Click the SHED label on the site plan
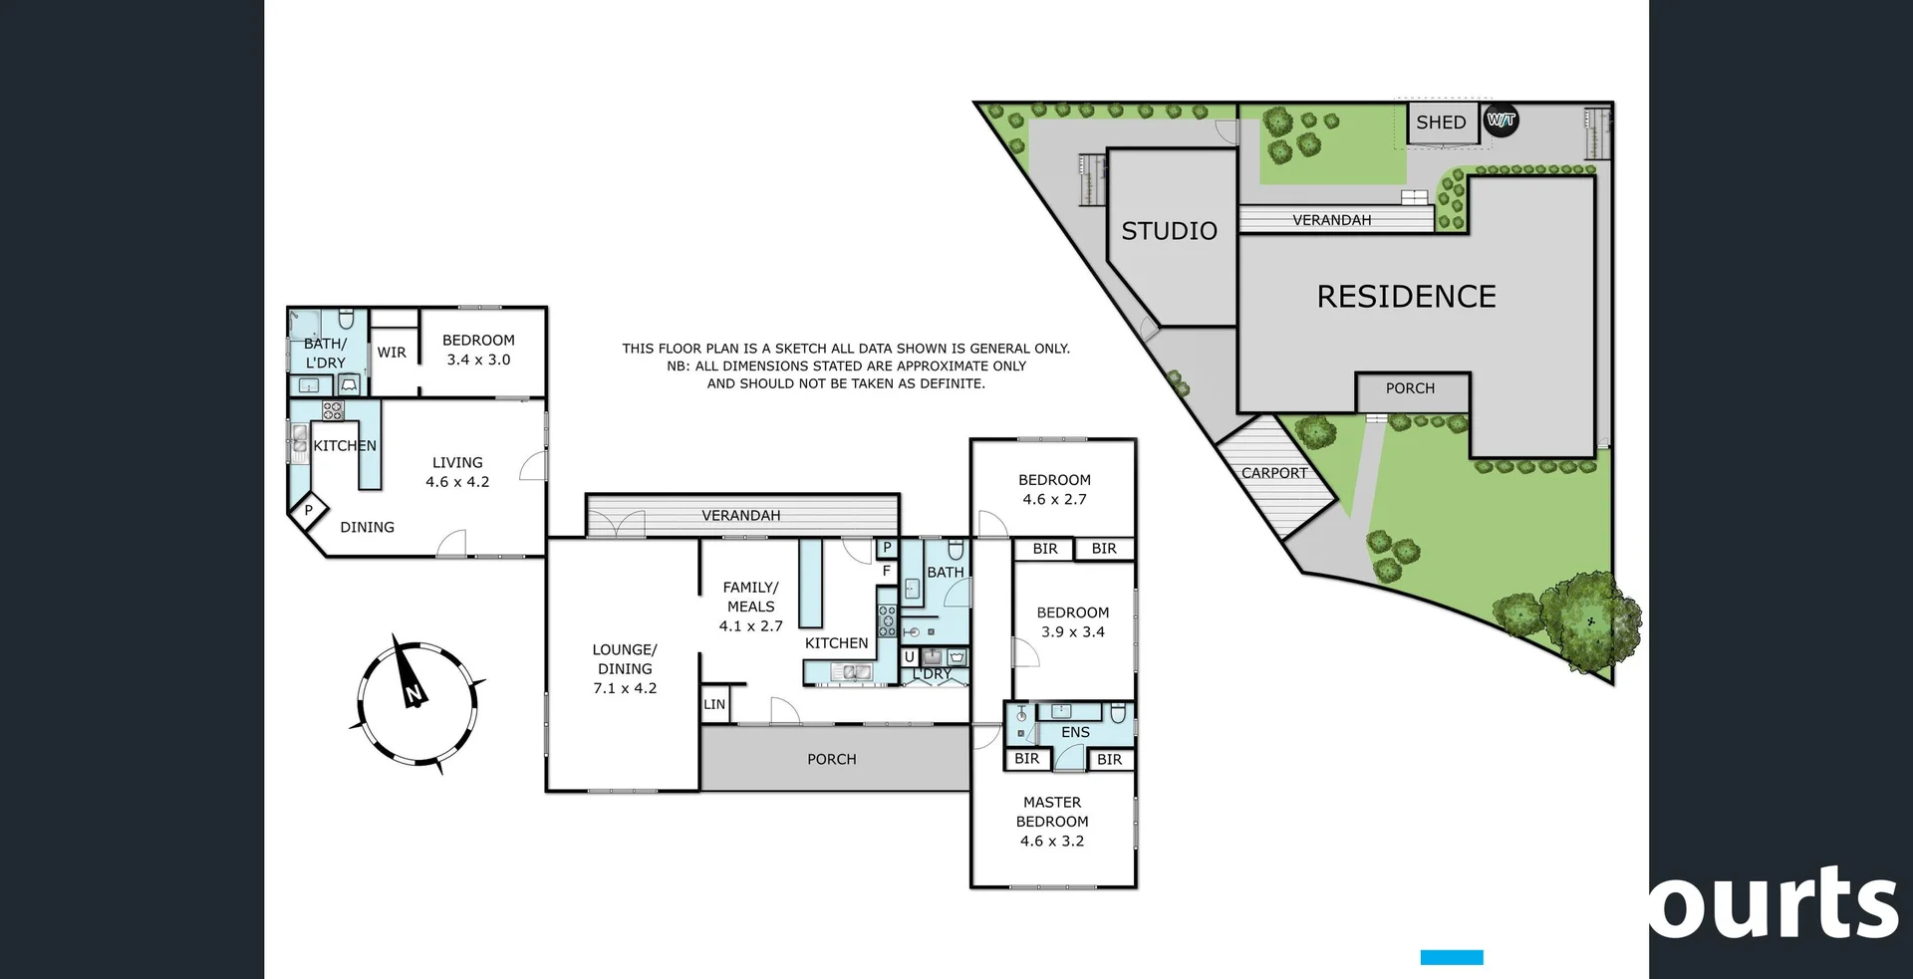[x=1441, y=122]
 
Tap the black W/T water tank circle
[x=1501, y=121]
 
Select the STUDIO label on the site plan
[x=1169, y=231]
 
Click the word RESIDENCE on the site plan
[x=1406, y=297]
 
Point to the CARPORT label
[x=1273, y=473]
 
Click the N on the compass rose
[x=413, y=692]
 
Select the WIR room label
[x=392, y=353]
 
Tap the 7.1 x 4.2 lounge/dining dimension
[x=625, y=688]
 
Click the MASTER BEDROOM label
[x=1052, y=812]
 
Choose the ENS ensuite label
[x=1075, y=732]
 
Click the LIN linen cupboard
[x=714, y=704]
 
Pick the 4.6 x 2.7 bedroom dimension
[x=1054, y=499]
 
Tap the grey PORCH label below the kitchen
[x=831, y=759]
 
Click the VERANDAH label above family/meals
[x=740, y=515]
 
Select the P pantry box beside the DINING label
[x=309, y=510]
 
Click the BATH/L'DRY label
[x=325, y=353]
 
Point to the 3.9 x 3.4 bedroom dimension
[x=1072, y=631]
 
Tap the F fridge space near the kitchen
[x=886, y=571]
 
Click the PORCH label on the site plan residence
[x=1410, y=388]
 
